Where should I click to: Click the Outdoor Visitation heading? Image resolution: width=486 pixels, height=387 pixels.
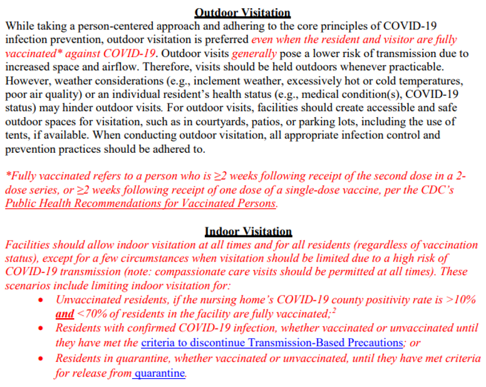click(242, 13)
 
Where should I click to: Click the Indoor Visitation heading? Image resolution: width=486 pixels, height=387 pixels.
click(249, 232)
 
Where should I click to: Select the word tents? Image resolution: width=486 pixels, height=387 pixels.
click(19, 135)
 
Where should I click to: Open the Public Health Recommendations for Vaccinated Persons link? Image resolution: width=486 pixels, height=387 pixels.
click(141, 204)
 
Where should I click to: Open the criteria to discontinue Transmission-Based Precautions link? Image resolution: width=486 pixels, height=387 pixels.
click(272, 343)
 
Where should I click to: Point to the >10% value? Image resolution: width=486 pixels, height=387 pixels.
click(462, 300)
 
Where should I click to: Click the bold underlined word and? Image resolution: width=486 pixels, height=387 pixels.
click(65, 314)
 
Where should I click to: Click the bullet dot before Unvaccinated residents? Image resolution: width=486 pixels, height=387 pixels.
click(41, 300)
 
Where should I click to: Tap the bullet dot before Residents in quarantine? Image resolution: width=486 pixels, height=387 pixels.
click(41, 359)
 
